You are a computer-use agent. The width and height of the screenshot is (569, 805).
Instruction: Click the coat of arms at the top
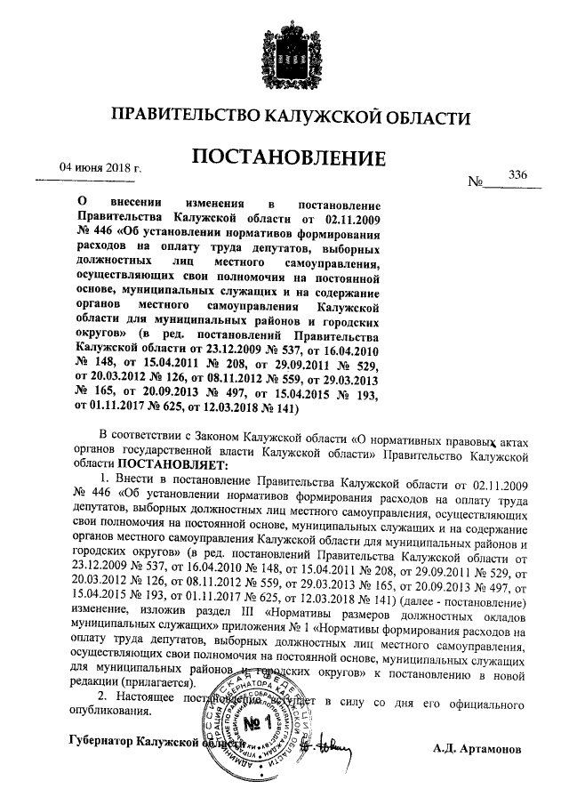coord(284,50)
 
